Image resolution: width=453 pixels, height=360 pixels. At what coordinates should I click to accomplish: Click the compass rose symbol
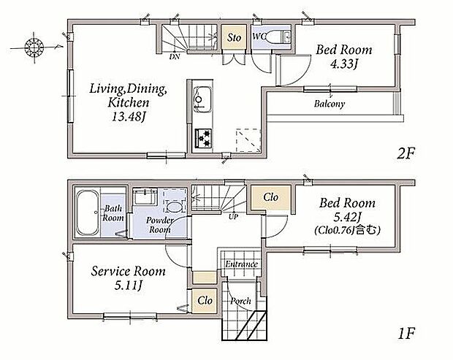[x=34, y=47]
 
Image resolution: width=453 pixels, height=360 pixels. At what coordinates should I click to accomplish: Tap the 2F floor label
[x=406, y=154]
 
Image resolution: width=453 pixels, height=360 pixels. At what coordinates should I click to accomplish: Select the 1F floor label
[x=406, y=334]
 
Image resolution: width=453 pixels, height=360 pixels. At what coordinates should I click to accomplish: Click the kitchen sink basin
[x=202, y=99]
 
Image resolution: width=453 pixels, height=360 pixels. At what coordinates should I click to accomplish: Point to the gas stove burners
[x=204, y=138]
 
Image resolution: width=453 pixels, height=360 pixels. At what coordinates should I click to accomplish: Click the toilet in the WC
[x=276, y=37]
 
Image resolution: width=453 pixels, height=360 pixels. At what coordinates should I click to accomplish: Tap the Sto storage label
[x=234, y=37]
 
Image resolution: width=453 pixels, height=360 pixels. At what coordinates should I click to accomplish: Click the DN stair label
[x=175, y=56]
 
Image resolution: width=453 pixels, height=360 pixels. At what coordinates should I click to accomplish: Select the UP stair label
[x=233, y=217]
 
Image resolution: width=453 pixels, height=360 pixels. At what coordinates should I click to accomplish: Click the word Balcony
[x=330, y=104]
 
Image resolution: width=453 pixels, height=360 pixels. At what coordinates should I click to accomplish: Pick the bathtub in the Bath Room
[x=88, y=213]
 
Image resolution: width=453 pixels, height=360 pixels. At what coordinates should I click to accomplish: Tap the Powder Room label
[x=159, y=225]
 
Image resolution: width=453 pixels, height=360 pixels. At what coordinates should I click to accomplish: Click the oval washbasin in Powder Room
[x=175, y=207]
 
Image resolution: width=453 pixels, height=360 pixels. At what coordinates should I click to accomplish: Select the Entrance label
[x=241, y=264]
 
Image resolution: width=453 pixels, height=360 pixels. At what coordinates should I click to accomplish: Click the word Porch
[x=240, y=301]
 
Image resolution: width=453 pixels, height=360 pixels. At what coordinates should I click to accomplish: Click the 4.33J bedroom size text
[x=344, y=64]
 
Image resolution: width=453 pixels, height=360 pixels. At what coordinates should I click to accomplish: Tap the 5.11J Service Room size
[x=128, y=286]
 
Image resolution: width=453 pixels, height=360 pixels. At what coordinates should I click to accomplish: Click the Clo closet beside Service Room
[x=205, y=301]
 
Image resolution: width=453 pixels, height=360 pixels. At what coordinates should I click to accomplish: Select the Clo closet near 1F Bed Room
[x=270, y=197]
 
